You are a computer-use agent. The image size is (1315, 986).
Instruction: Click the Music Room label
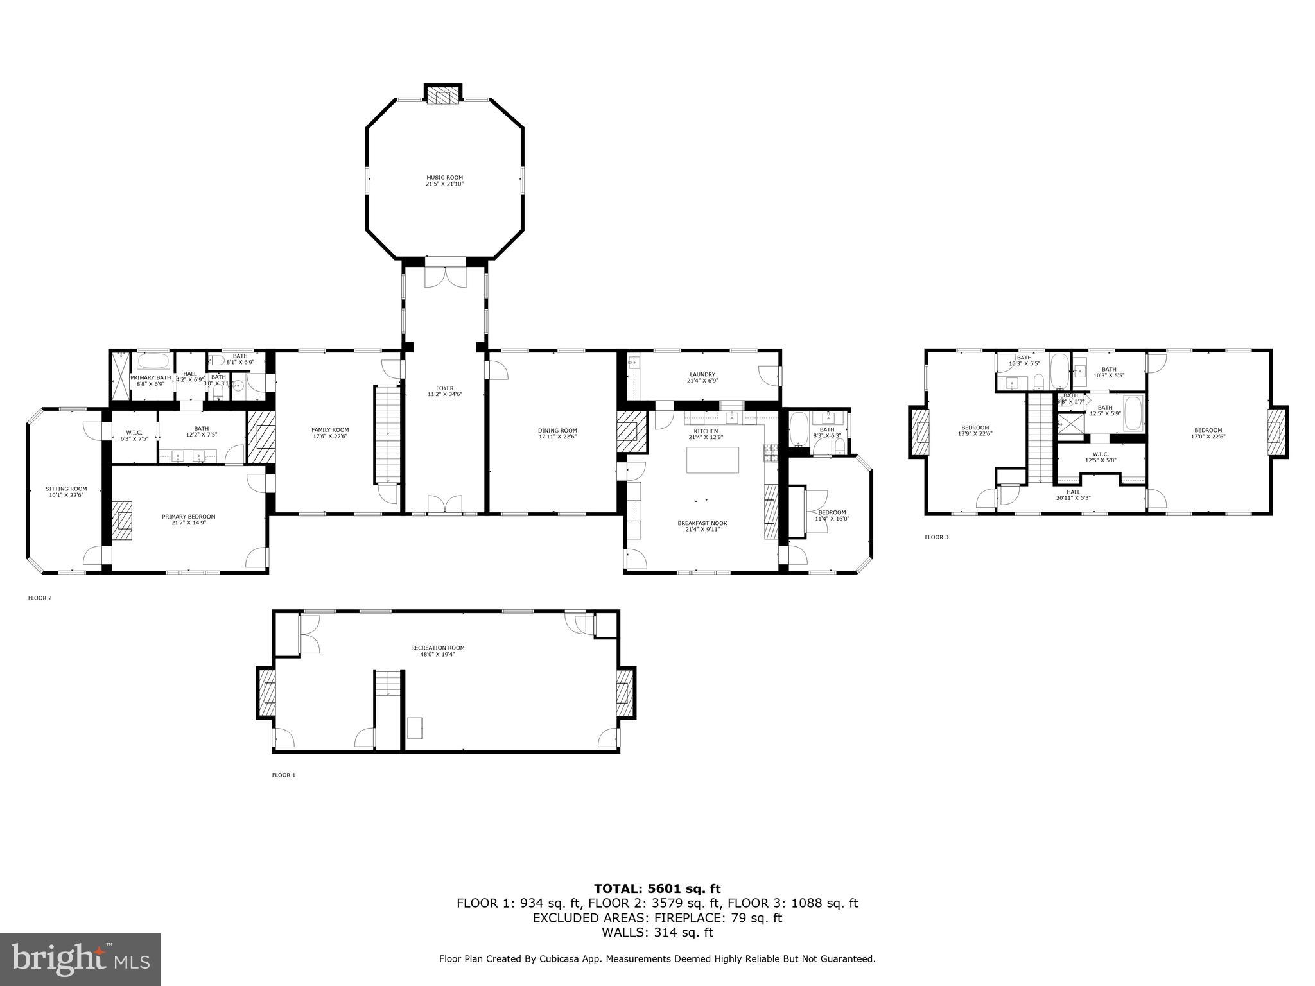[444, 178]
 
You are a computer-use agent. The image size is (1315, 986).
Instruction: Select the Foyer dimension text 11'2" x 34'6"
[445, 395]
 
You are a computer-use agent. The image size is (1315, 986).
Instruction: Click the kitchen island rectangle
[713, 460]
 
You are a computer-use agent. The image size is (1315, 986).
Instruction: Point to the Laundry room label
[702, 375]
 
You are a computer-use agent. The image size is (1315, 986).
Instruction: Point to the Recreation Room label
[438, 648]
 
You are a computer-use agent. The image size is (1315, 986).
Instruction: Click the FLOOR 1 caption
[283, 775]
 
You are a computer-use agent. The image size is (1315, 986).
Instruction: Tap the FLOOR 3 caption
[936, 537]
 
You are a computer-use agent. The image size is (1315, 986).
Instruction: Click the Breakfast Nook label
[702, 523]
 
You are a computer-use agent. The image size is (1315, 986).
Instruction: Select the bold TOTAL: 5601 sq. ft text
[657, 888]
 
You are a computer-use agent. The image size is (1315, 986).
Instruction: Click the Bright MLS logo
[80, 960]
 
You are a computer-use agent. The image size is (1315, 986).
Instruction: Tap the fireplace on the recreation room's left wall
[266, 693]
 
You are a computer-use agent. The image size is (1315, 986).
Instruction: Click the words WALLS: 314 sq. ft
[657, 933]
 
